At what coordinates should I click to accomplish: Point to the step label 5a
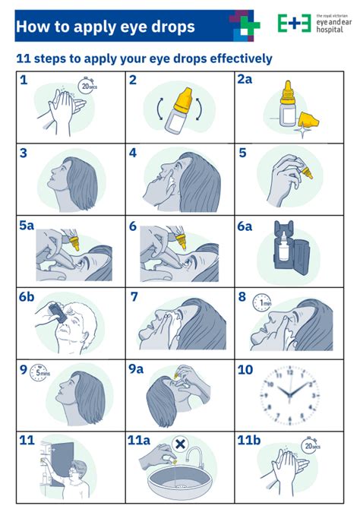(x=27, y=226)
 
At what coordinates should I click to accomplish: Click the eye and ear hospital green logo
(x=292, y=24)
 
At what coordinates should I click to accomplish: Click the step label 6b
(x=27, y=297)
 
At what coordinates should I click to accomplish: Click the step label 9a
(x=137, y=369)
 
